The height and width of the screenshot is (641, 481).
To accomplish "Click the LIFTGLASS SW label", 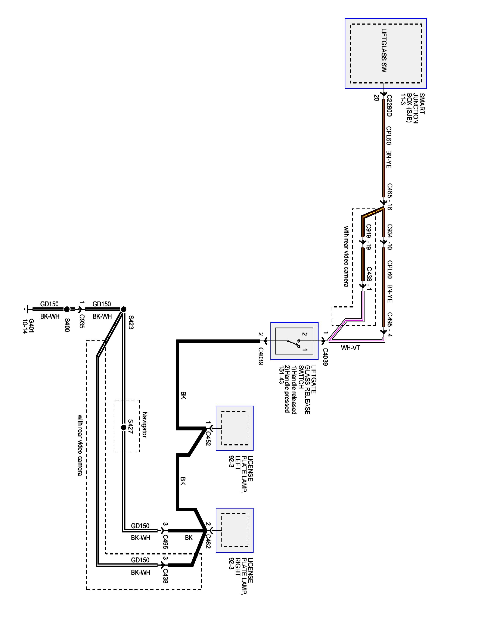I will pos(384,50).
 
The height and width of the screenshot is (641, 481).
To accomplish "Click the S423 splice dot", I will pos(123,309).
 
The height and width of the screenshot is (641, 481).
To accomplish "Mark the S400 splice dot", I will pos(67,309).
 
